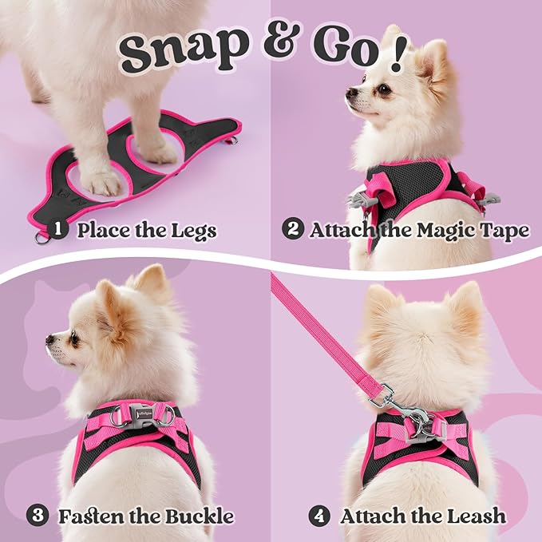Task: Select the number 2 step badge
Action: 292,231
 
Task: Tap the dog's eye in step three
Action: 73,338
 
